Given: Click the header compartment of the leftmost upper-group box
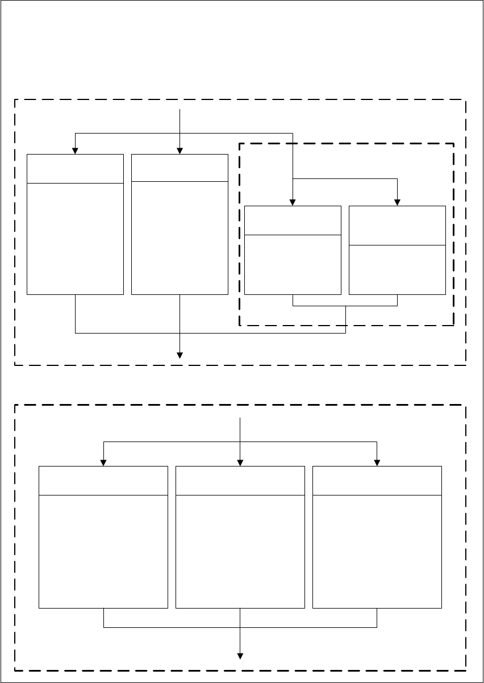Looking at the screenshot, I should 75,168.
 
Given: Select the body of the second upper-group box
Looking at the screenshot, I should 180,238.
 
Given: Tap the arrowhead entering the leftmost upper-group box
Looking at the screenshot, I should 75,151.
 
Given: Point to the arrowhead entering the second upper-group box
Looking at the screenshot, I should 180,151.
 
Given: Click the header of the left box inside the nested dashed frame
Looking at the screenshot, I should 293,220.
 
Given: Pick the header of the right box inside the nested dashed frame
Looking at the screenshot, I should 397,226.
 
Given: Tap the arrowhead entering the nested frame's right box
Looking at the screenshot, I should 397,203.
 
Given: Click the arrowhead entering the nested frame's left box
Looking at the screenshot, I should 293,203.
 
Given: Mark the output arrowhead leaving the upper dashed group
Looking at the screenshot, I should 180,356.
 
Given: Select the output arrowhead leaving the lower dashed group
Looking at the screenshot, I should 241,656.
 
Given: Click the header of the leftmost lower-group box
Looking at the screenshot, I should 103,480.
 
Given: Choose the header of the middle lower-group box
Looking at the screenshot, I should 240,480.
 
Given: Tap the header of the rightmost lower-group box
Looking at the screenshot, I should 377,480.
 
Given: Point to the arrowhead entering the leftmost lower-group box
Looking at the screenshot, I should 103,463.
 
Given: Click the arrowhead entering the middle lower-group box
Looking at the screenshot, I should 241,463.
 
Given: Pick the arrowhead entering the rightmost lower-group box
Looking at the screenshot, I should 377,463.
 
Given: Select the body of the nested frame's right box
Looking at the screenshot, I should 397,269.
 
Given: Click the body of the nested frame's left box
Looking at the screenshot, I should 293,264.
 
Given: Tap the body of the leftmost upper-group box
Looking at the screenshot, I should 75,239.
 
